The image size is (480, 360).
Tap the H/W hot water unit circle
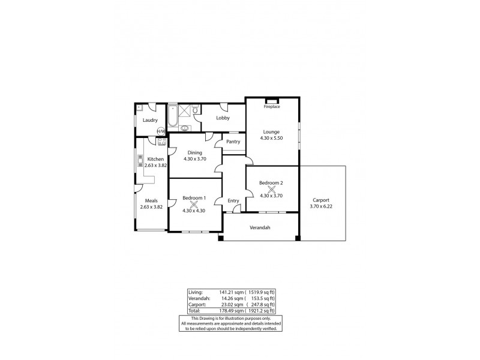(x=161, y=131)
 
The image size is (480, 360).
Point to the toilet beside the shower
(x=195, y=110)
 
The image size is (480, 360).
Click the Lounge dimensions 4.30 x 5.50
(x=271, y=138)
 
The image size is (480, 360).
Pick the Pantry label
(x=233, y=142)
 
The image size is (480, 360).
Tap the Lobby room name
(x=223, y=118)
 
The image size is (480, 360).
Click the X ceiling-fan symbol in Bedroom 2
(x=271, y=189)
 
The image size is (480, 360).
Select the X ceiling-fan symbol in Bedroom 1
(x=194, y=204)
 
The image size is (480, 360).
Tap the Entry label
(x=233, y=201)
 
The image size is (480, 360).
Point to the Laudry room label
(x=150, y=120)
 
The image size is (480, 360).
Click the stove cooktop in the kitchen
(x=161, y=142)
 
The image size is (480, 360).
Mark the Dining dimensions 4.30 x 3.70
(x=194, y=159)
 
